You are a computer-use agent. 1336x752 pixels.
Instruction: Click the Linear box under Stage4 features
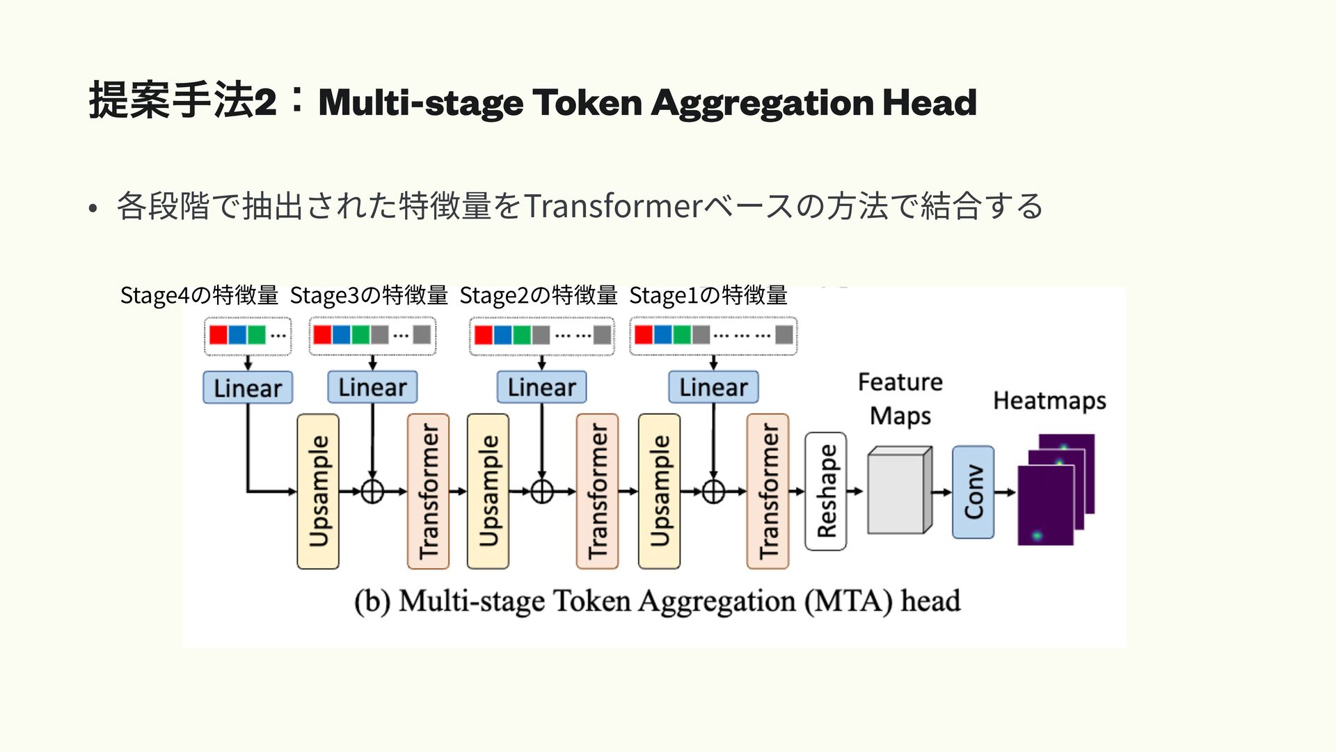pyautogui.click(x=248, y=388)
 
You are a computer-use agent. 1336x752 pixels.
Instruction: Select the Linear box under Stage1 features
pyautogui.click(x=713, y=387)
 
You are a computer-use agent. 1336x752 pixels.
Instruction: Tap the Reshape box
pyautogui.click(x=826, y=492)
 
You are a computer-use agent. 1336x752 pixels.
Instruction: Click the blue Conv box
pyautogui.click(x=973, y=492)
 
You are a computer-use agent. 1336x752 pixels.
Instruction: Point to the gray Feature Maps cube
pyautogui.click(x=900, y=490)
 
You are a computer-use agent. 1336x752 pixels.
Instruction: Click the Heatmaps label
pyautogui.click(x=1049, y=401)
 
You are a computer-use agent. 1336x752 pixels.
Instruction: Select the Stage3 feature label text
pyautogui.click(x=369, y=295)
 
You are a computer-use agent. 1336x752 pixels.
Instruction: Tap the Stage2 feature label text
pyautogui.click(x=539, y=295)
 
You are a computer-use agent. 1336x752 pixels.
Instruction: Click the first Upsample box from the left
pyautogui.click(x=318, y=492)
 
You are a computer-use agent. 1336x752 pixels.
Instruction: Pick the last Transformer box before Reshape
pyautogui.click(x=768, y=492)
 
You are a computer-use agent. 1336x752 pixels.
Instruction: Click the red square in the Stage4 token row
pyautogui.click(x=218, y=335)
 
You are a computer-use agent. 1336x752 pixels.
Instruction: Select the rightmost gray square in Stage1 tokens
pyautogui.click(x=784, y=335)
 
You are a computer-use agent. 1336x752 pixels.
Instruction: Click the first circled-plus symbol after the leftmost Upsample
pyautogui.click(x=372, y=492)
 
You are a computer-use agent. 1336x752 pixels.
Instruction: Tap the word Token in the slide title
pyautogui.click(x=587, y=102)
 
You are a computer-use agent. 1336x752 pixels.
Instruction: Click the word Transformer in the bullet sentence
pyautogui.click(x=614, y=206)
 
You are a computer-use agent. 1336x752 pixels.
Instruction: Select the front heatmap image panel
pyautogui.click(x=1046, y=505)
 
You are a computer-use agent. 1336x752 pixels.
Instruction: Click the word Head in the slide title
pyautogui.click(x=930, y=102)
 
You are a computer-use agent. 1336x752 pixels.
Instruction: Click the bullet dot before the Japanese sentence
pyautogui.click(x=93, y=208)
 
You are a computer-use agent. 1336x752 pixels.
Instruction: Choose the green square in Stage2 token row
pyautogui.click(x=522, y=335)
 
